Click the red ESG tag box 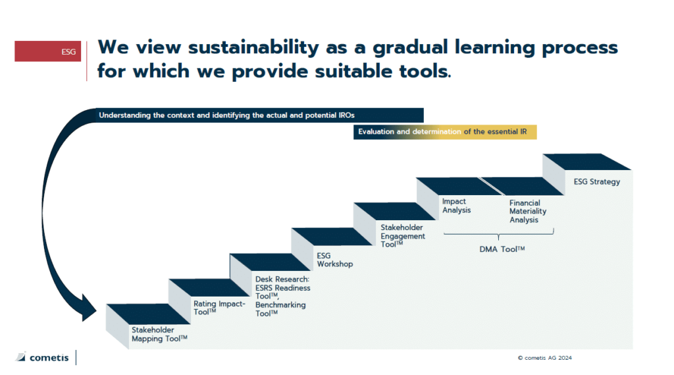pyautogui.click(x=47, y=51)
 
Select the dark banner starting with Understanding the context pyautogui.click(x=259, y=115)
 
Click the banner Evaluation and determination pyautogui.click(x=445, y=132)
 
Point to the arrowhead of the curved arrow pyautogui.click(x=88, y=308)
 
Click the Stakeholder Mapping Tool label pyautogui.click(x=159, y=334)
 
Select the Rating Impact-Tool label pyautogui.click(x=219, y=308)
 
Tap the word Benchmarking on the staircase pyautogui.click(x=280, y=305)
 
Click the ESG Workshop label pyautogui.click(x=335, y=260)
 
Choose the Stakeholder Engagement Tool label pyautogui.click(x=403, y=235)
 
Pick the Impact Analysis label pyautogui.click(x=457, y=206)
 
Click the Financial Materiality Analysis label pyautogui.click(x=528, y=211)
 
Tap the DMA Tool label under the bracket pyautogui.click(x=502, y=249)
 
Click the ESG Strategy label pyautogui.click(x=596, y=182)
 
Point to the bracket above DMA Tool pyautogui.click(x=499, y=234)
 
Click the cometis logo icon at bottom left pyautogui.click(x=21, y=357)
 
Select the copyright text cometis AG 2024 pyautogui.click(x=544, y=358)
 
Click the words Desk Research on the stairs pyautogui.click(x=282, y=279)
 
